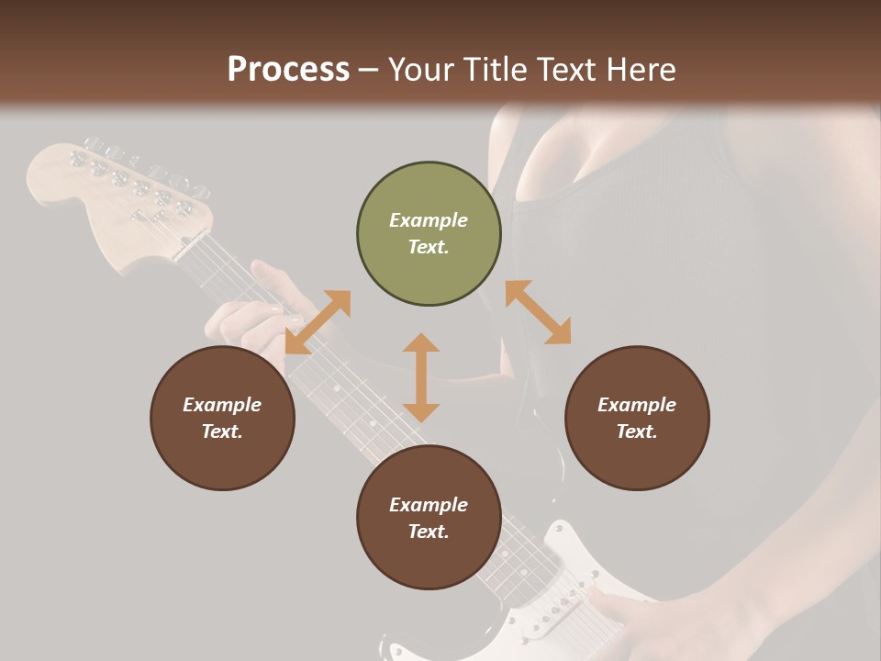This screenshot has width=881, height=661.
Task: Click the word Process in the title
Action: click(288, 70)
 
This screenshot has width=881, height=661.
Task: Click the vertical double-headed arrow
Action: click(421, 377)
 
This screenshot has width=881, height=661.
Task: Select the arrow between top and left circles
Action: click(318, 321)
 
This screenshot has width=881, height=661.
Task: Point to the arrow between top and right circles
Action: click(538, 312)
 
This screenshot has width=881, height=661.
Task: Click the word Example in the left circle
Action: click(222, 405)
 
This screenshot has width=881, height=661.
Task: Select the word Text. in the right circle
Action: click(637, 431)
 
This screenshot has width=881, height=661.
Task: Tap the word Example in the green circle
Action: click(429, 220)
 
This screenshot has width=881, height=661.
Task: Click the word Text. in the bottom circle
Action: click(429, 532)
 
